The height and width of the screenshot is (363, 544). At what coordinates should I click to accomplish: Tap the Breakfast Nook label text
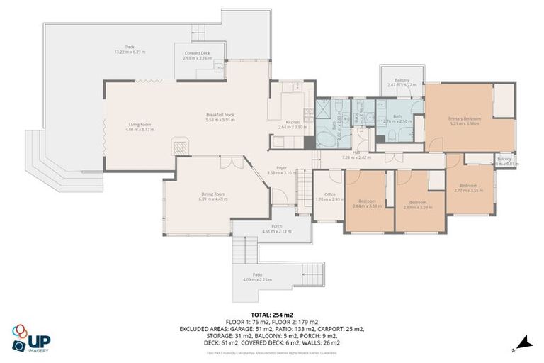coord(220,115)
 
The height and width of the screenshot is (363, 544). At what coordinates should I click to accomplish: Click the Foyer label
coord(281,168)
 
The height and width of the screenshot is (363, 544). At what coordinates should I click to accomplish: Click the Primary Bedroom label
coord(464,118)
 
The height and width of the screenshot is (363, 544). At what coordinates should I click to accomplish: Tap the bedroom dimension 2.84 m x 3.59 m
coord(367,206)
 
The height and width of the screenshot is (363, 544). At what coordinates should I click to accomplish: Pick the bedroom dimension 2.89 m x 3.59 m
coord(416,206)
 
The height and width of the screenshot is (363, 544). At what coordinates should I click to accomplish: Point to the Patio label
coord(257,275)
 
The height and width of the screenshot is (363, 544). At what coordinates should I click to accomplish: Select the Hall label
coord(356,153)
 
